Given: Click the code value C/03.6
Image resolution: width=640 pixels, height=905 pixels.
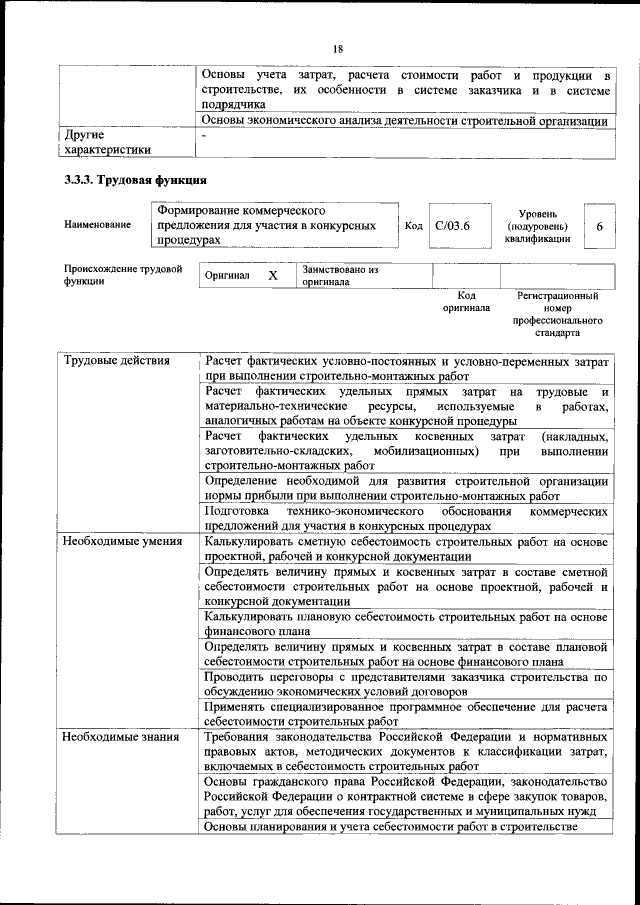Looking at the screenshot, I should click(453, 226).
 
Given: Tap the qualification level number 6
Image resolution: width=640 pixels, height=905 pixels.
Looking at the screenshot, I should click(599, 227).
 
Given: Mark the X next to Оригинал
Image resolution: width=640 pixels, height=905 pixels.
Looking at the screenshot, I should click(272, 275).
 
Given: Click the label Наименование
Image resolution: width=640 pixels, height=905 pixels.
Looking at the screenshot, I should click(97, 226).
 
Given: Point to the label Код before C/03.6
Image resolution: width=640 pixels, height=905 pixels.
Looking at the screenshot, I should click(413, 227).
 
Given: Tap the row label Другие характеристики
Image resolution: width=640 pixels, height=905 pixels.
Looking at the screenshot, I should click(107, 141).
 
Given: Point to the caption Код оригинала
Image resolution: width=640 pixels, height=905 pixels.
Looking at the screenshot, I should click(466, 302).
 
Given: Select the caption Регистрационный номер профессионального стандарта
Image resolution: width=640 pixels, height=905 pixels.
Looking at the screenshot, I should click(558, 314).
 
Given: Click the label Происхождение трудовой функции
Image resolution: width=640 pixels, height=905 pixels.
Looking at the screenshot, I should click(122, 275).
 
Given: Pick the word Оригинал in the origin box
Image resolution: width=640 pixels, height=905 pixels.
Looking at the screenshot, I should click(226, 275).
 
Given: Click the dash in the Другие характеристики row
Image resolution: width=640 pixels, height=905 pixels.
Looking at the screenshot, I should click(204, 133).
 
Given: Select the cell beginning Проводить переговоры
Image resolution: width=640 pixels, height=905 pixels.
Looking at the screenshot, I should click(405, 685).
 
